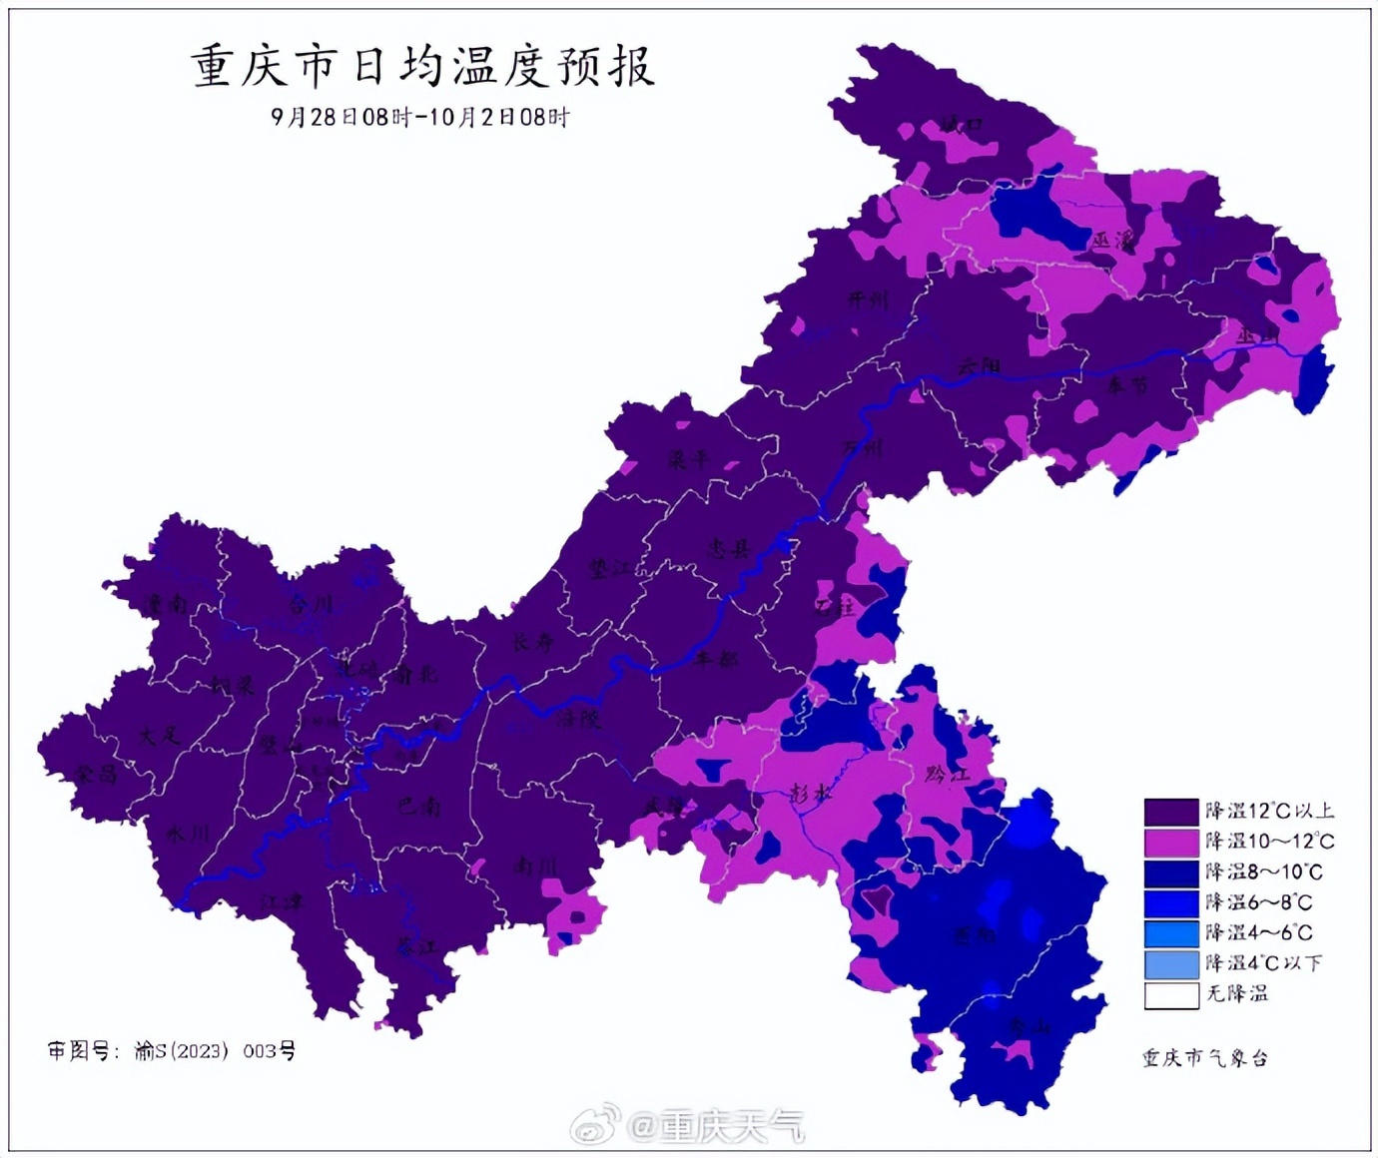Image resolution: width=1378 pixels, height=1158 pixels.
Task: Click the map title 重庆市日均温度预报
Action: coord(421,67)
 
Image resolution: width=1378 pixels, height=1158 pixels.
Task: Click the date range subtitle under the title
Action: coord(420,117)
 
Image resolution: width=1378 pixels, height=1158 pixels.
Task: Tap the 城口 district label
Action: coord(961,125)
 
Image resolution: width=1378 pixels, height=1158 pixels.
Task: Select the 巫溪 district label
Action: coord(1112,241)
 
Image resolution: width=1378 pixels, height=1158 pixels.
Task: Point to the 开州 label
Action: coord(866,299)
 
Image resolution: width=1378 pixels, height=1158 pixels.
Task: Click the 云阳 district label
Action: coord(979,366)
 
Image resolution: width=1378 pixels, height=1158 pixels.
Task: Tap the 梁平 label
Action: coord(689,460)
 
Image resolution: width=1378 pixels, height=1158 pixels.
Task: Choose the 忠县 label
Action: coord(728,548)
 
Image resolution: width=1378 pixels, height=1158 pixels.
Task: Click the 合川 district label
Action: coord(311,605)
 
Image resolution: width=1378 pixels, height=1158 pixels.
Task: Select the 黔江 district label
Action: coord(947,773)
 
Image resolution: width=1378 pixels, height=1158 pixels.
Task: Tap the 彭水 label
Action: coord(810,794)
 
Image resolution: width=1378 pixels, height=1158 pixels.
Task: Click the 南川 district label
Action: coord(534,867)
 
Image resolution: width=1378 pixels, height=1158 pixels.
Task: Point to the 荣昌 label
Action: coord(96,774)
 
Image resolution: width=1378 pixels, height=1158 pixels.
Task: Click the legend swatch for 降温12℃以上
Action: coord(1170,812)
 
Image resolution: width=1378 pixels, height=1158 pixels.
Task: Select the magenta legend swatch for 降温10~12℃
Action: coord(1170,842)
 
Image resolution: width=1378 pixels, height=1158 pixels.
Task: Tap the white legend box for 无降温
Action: coord(1170,994)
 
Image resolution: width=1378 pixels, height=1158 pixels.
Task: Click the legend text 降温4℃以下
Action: coord(1263,963)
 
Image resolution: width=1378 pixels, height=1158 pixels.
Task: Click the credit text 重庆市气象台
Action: coord(1205,1058)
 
